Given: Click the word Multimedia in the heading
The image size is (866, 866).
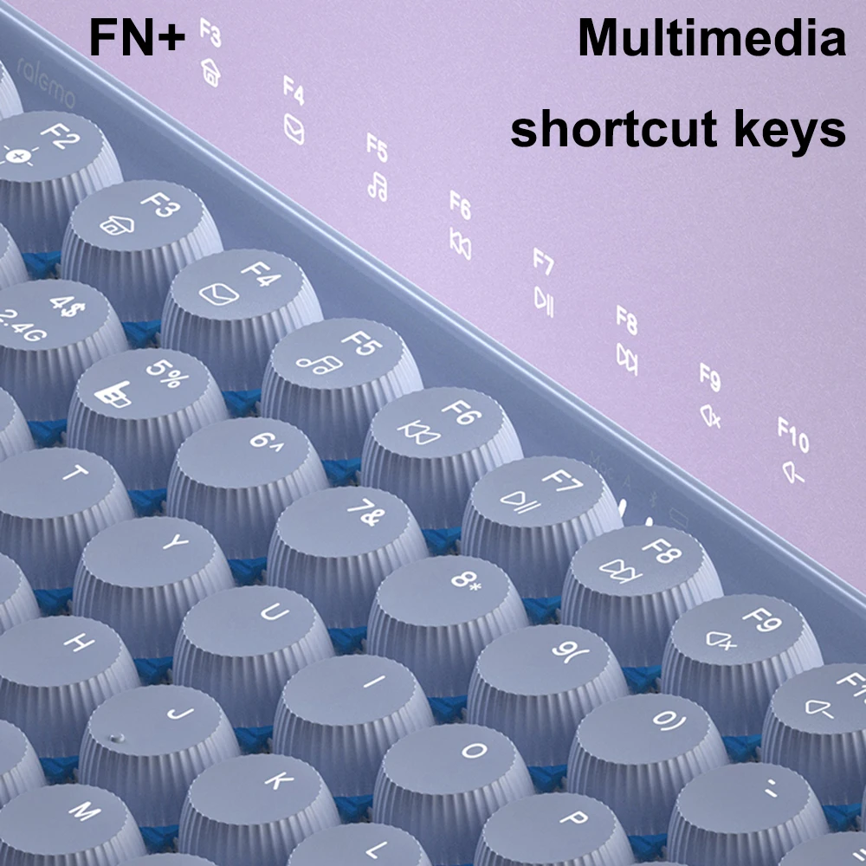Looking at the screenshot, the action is [x=711, y=38].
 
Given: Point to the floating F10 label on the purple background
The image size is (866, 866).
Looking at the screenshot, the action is [x=792, y=434].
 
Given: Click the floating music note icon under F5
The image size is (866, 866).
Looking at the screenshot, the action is [x=377, y=184].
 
